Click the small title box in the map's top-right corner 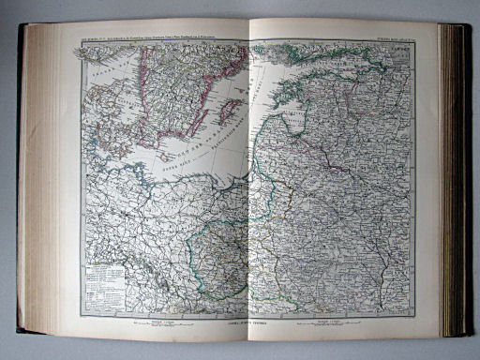coord(398,54)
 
